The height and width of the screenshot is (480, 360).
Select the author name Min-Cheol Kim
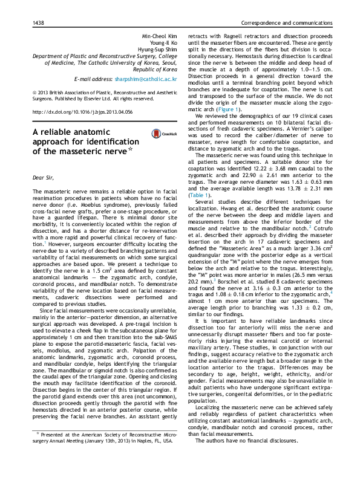[159, 37]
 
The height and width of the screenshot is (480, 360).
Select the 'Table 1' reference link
[200, 196]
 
